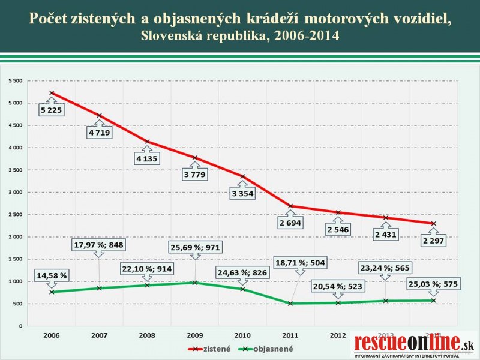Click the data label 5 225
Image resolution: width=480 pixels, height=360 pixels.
(x=52, y=110)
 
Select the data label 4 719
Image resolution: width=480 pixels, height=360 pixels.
(x=99, y=133)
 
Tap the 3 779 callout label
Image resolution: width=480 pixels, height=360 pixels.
(x=194, y=175)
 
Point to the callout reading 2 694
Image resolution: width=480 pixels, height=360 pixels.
(x=289, y=223)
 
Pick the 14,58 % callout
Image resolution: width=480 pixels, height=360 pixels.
(x=52, y=275)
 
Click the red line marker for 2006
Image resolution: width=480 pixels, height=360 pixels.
(x=52, y=93)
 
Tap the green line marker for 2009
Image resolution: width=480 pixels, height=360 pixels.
(x=194, y=283)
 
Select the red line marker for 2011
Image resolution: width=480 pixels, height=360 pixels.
(x=290, y=206)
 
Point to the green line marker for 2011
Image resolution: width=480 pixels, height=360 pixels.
(x=290, y=304)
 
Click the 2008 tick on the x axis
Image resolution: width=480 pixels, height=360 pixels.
(x=146, y=335)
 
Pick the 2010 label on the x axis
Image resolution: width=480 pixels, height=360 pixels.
(x=242, y=335)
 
